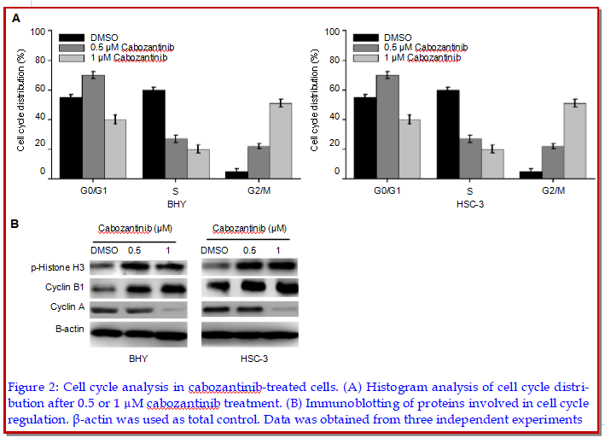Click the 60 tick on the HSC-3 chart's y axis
coord(337,90)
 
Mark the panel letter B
coord(15,224)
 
